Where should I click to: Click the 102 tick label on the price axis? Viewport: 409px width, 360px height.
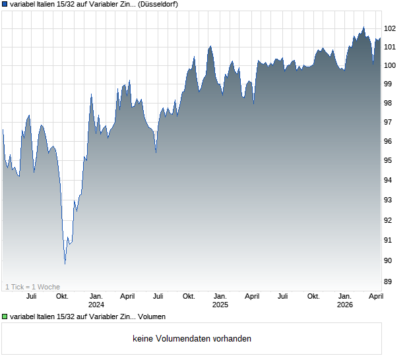[x=390, y=28]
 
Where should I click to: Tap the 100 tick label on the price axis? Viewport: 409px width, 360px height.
[x=390, y=65]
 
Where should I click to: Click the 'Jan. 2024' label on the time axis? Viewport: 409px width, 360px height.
[x=96, y=301]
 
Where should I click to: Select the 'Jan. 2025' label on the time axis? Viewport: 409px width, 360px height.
[x=220, y=301]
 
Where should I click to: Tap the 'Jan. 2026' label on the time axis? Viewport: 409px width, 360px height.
[x=345, y=301]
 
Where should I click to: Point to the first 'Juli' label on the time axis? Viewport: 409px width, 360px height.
[x=31, y=297]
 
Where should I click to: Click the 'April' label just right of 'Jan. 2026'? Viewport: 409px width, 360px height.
[x=375, y=297]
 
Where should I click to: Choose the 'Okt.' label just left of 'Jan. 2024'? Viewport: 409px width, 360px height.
[x=62, y=297]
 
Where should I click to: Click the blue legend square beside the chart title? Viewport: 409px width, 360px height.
[x=5, y=4]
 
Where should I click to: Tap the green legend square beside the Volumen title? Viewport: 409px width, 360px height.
[x=5, y=316]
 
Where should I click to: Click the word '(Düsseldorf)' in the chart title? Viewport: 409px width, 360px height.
[x=158, y=4]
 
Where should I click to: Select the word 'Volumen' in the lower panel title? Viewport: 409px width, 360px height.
[x=152, y=316]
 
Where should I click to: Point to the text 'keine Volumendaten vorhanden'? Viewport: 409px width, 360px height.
[x=192, y=339]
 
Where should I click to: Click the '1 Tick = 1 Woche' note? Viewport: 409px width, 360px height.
[x=32, y=286]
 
